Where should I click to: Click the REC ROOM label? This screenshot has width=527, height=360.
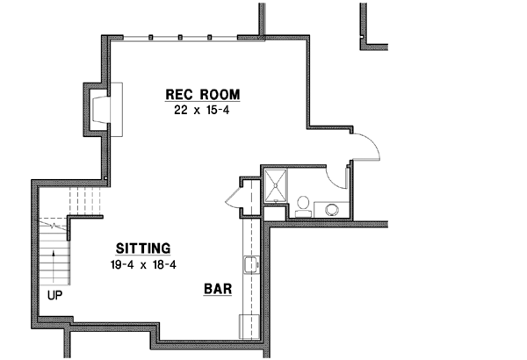click(x=203, y=95)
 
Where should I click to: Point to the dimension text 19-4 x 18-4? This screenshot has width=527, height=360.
click(x=145, y=263)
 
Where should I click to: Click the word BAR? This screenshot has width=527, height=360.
click(x=218, y=288)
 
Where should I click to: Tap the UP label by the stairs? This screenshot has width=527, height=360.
click(x=54, y=296)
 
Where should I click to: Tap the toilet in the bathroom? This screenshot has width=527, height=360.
click(x=302, y=205)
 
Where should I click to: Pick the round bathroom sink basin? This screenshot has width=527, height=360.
click(x=332, y=209)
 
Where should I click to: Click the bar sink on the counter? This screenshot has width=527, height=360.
click(x=251, y=264)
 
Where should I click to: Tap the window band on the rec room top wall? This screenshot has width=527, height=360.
click(x=181, y=37)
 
